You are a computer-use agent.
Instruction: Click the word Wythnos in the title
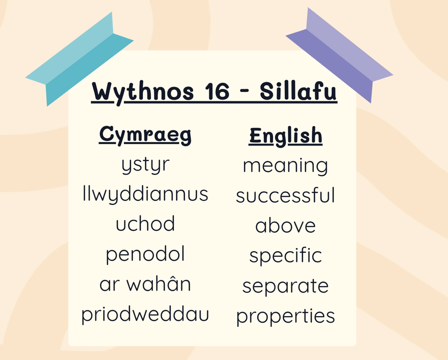(x=143, y=92)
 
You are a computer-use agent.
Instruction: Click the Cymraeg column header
(x=145, y=135)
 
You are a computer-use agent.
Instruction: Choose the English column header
(x=285, y=136)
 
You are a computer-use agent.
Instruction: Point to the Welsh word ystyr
(x=145, y=165)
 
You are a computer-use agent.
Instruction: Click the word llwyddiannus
(x=145, y=195)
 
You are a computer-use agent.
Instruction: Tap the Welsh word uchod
(x=145, y=223)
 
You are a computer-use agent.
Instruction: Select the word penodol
(x=145, y=254)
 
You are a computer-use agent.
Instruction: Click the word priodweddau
(x=145, y=315)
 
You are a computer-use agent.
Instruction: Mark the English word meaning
(x=285, y=166)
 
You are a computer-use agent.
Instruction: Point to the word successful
(x=285, y=195)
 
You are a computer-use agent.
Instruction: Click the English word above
(x=285, y=225)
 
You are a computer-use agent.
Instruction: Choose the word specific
(x=285, y=255)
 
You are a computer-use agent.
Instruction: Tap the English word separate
(x=285, y=286)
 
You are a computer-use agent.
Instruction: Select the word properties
(x=285, y=316)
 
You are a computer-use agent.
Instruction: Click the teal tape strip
(x=80, y=59)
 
